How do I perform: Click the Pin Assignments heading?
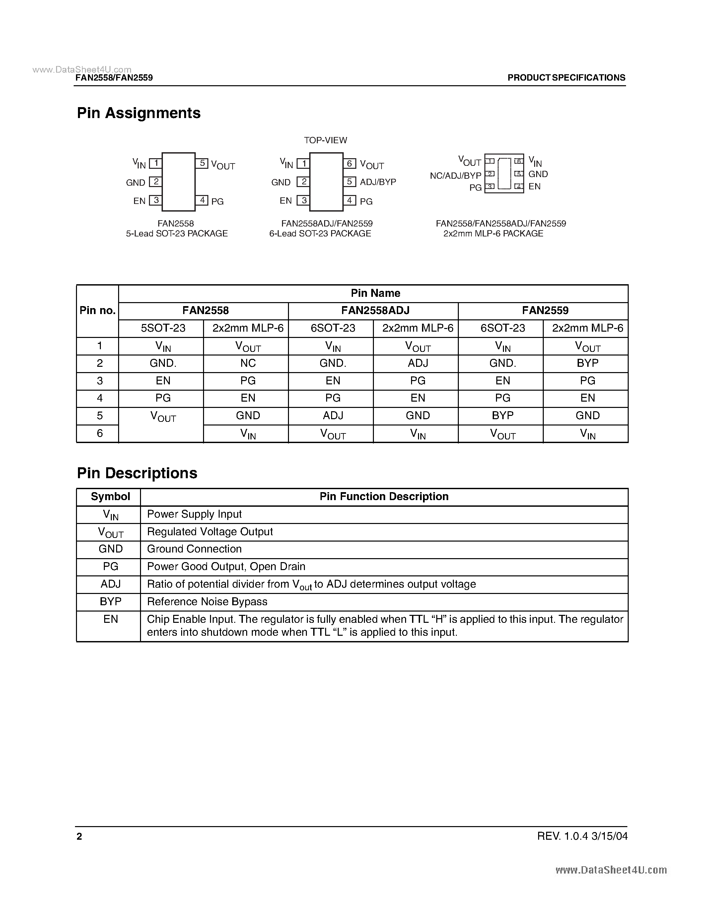(139, 113)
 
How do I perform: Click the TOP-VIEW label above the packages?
(325, 140)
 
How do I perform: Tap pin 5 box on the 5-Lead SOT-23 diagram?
(202, 163)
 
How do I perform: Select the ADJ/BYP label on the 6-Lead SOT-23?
(378, 182)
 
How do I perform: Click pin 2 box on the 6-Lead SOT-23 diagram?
(304, 182)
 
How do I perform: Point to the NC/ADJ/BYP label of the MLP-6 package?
(455, 176)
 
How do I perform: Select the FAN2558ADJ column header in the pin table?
(375, 311)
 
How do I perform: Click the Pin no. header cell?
(97, 311)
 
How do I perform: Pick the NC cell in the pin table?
(248, 363)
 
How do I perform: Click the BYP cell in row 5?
(502, 416)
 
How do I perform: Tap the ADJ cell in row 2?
(418, 363)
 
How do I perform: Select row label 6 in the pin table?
(100, 433)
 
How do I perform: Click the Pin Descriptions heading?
(137, 473)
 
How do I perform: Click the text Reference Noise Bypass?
(207, 602)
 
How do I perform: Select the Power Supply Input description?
(194, 514)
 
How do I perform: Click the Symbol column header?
(110, 496)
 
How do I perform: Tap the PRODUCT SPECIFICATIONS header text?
(566, 78)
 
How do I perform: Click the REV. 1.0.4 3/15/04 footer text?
(582, 836)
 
